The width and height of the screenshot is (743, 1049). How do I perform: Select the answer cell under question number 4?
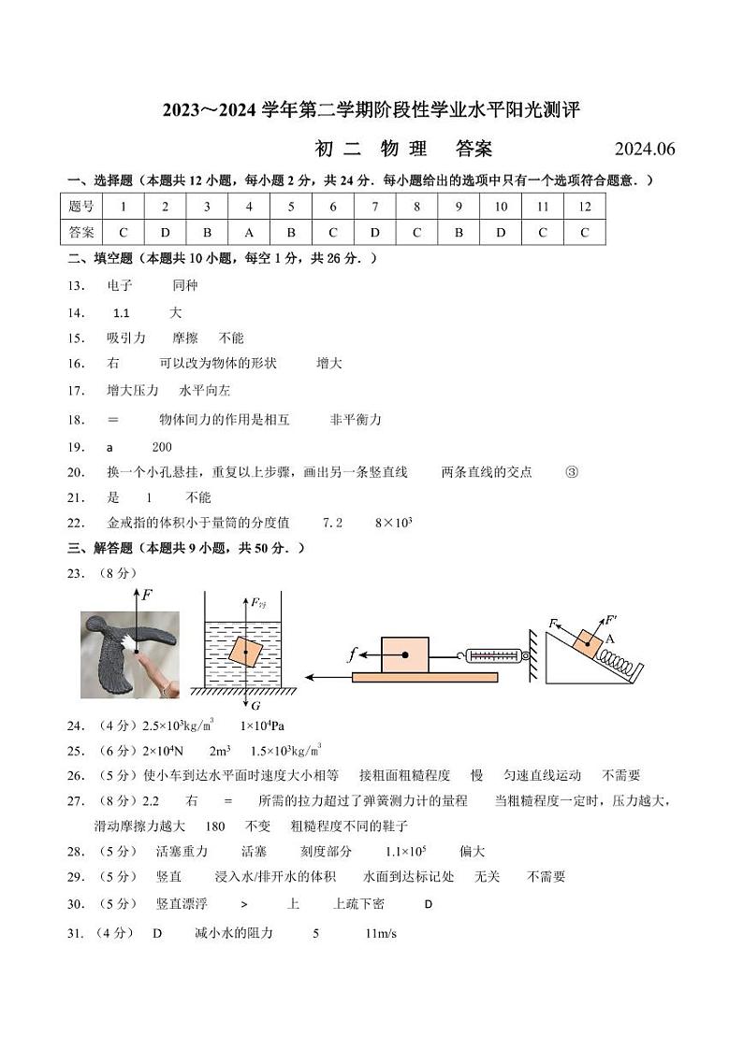(249, 233)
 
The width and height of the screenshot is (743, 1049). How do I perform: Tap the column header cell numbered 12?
(584, 207)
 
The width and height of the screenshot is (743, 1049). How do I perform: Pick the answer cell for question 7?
(374, 233)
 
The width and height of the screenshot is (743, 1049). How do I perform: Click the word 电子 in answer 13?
(120, 285)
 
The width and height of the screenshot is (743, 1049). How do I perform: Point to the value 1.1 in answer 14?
(121, 312)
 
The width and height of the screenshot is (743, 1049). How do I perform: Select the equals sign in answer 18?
(113, 420)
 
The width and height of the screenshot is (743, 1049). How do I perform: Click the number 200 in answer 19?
(161, 447)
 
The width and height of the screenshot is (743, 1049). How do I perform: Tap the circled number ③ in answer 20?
(572, 472)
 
